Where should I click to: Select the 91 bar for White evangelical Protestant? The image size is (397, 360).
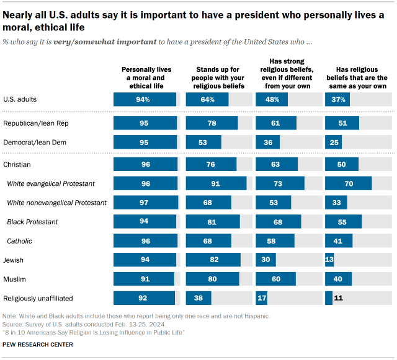coord(216,183)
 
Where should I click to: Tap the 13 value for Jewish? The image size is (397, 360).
coord(329,260)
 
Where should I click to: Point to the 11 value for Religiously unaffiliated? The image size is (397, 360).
coord(339,299)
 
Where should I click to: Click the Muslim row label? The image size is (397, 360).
coord(15,279)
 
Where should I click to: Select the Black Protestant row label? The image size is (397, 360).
coord(32,222)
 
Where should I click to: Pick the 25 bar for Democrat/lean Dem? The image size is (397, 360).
coord(333,143)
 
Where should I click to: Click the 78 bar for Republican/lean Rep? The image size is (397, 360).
coord(212,123)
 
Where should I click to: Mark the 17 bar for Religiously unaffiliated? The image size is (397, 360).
coord(261,299)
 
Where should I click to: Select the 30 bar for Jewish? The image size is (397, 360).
coord(265,260)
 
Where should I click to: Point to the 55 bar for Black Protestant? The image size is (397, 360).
coord(343,222)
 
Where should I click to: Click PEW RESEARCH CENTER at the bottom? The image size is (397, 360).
coord(38,344)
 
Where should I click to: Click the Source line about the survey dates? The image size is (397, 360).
coord(84,324)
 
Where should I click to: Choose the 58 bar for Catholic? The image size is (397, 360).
coord(275,241)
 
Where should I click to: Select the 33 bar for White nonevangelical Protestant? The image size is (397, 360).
coord(336,203)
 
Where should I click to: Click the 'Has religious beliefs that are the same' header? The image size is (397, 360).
coord(357,77)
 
